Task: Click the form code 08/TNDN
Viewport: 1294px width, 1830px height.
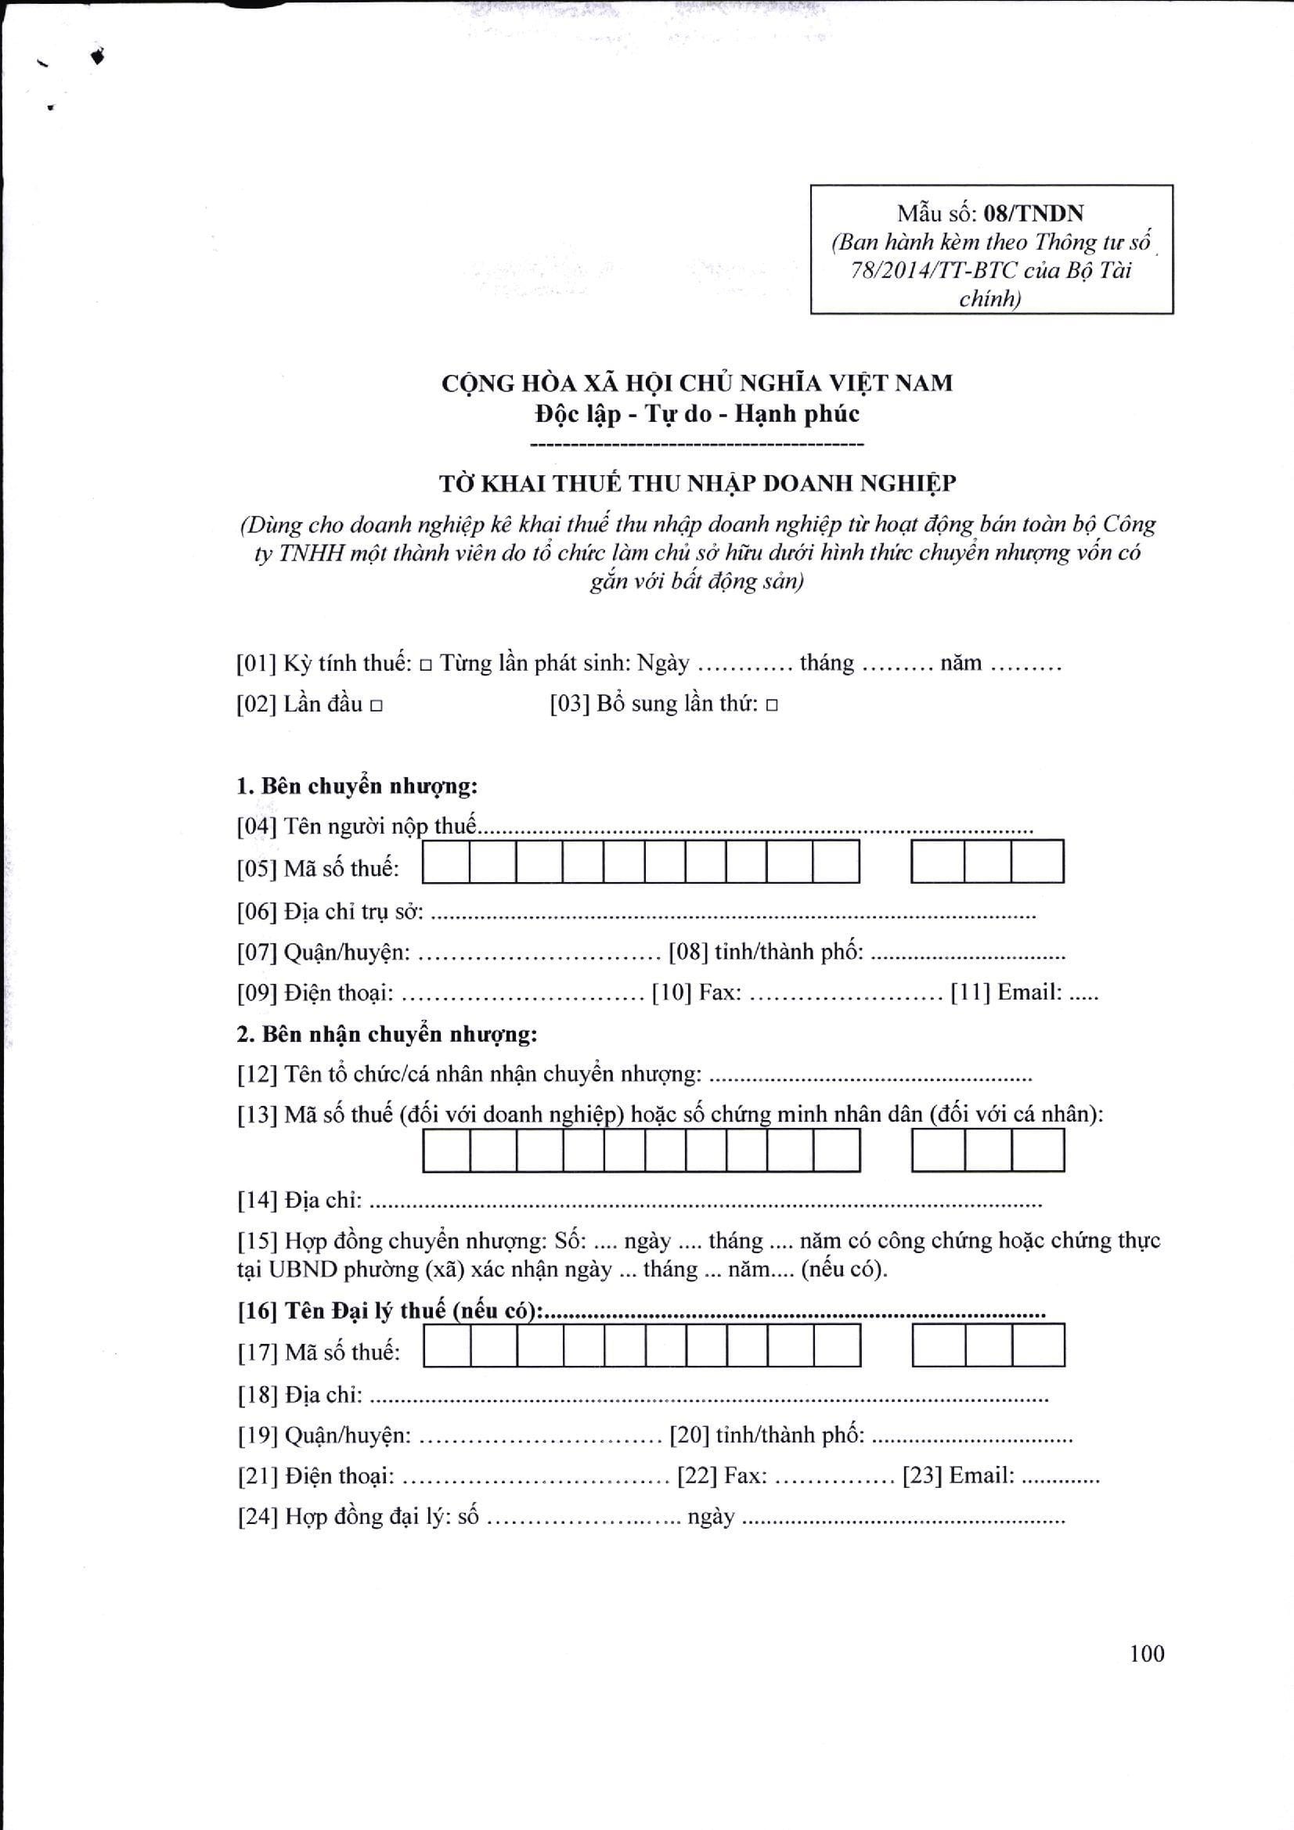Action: pyautogui.click(x=1033, y=214)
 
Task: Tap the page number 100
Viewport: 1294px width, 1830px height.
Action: pyautogui.click(x=1147, y=1654)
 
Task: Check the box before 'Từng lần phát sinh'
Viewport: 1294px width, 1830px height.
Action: pyautogui.click(x=426, y=664)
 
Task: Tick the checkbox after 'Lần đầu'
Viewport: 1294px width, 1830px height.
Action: pyautogui.click(x=377, y=705)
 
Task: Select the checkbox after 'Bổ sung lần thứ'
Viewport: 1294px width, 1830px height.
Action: pyautogui.click(x=771, y=705)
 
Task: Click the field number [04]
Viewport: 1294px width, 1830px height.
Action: pyautogui.click(x=256, y=827)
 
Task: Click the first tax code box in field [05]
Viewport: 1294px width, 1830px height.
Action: pyautogui.click(x=445, y=862)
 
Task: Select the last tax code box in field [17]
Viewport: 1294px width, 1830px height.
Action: pyautogui.click(x=1039, y=1345)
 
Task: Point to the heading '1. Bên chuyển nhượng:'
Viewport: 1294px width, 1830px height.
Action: pyautogui.click(x=357, y=786)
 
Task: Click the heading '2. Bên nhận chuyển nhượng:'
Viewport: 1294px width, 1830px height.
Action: pyautogui.click(x=387, y=1035)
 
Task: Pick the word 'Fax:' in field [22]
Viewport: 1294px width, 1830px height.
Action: pyautogui.click(x=745, y=1476)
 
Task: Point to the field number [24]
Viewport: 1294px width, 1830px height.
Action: pyautogui.click(x=257, y=1517)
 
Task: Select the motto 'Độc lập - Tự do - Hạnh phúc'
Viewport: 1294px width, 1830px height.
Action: pyautogui.click(x=697, y=413)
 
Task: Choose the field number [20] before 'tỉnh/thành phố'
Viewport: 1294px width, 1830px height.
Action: pyautogui.click(x=689, y=1436)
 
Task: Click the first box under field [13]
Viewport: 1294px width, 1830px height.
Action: pyautogui.click(x=446, y=1151)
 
